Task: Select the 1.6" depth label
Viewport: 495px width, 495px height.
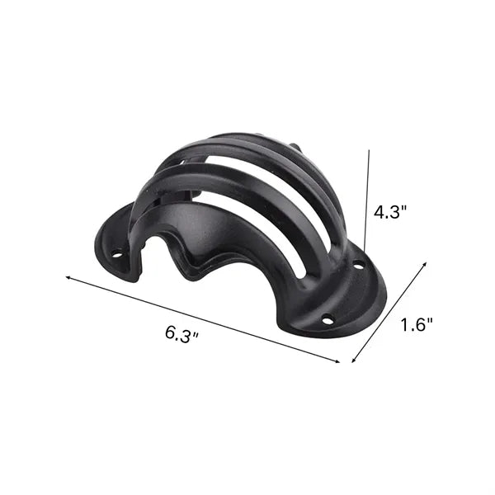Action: click(417, 325)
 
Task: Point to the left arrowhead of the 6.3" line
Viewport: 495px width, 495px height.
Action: click(68, 277)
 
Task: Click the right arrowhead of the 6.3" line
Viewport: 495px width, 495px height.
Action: click(337, 361)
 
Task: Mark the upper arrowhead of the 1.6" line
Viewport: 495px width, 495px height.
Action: click(425, 263)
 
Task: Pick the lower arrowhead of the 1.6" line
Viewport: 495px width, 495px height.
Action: click(354, 361)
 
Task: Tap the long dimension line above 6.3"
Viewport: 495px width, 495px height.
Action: click(203, 319)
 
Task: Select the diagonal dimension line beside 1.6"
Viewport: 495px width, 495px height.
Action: click(389, 312)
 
